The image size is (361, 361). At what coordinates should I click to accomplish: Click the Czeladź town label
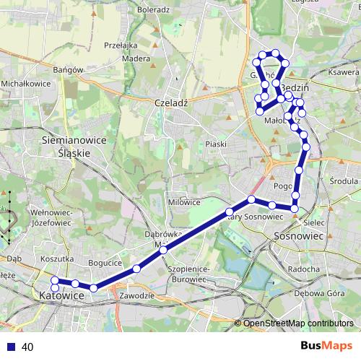(171, 103)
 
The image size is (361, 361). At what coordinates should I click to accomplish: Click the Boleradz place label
(152, 10)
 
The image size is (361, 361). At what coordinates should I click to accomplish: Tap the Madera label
(136, 58)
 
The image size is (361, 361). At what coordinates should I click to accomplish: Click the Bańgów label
(70, 70)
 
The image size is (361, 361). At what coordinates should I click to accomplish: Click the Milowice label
(184, 202)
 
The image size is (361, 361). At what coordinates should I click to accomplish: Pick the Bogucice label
(102, 263)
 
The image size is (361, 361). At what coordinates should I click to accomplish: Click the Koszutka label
(58, 258)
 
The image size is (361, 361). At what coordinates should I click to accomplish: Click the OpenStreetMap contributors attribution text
(298, 323)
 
